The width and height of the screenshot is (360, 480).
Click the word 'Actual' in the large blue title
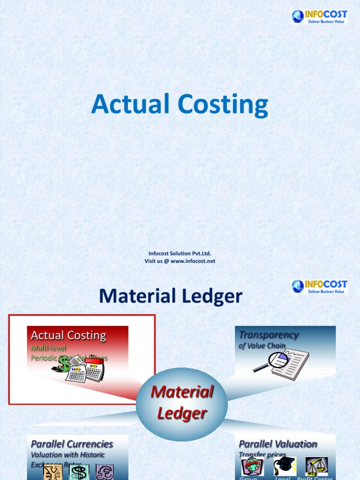123,104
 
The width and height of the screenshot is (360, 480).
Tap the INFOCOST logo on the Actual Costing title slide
319,17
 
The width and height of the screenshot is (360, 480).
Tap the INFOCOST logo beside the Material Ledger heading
319,286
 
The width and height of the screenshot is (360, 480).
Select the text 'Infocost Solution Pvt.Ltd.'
180,254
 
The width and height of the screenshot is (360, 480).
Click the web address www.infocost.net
193,261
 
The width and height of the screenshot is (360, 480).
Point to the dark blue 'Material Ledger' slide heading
171,296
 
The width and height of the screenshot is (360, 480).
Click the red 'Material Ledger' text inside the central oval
182,402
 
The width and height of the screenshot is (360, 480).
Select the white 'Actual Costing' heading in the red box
68,336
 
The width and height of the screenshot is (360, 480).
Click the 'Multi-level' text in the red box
49,348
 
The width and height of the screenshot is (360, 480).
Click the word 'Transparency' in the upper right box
269,335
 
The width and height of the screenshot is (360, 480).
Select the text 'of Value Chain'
262,346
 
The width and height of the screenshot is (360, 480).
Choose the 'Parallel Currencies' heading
72,444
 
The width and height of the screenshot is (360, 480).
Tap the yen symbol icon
53,472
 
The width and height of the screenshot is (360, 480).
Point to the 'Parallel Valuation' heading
278,444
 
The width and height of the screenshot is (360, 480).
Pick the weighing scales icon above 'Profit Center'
316,467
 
